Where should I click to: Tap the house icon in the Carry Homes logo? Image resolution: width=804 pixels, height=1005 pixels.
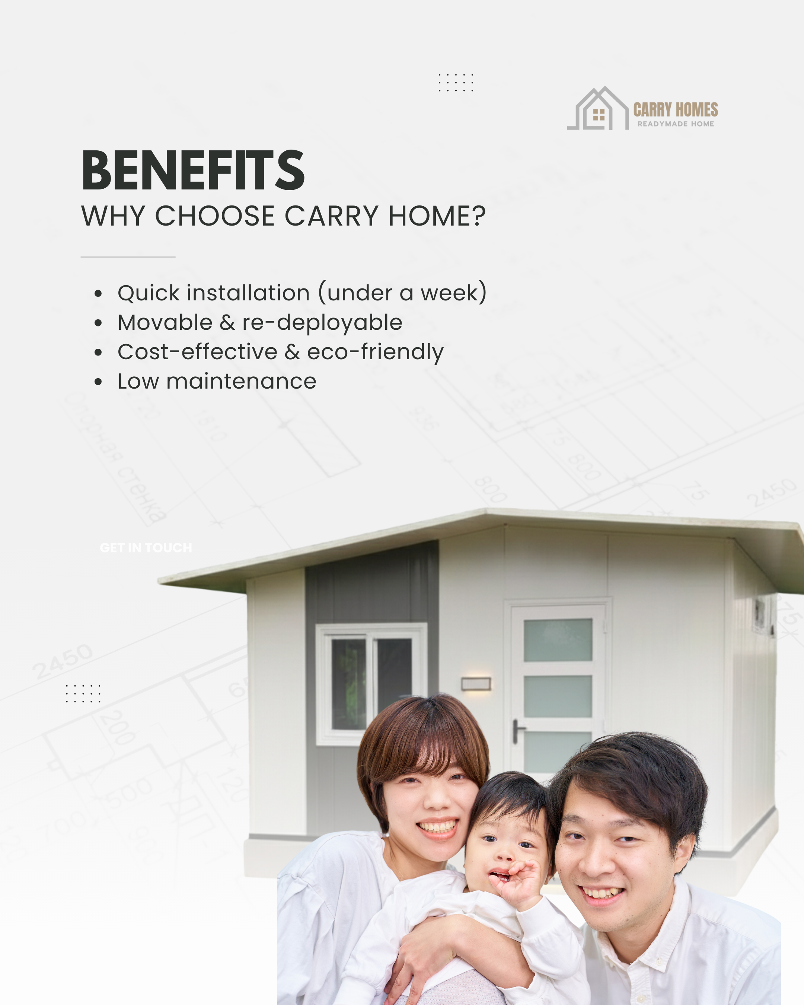pos(599,109)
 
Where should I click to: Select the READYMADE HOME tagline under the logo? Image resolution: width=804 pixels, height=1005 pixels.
pos(675,124)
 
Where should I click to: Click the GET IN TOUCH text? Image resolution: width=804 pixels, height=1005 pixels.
pos(146,548)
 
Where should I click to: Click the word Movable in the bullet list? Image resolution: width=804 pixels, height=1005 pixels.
pos(165,323)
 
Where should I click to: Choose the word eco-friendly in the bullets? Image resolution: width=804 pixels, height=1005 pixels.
pos(375,352)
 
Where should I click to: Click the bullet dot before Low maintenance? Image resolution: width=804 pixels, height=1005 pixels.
pos(98,382)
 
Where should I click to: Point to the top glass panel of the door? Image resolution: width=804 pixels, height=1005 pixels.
pos(558,639)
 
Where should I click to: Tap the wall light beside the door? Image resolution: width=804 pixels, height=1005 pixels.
pos(476,684)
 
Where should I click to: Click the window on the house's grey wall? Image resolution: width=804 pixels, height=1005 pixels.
pos(371,683)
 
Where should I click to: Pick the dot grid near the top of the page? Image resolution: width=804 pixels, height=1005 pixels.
pos(456,83)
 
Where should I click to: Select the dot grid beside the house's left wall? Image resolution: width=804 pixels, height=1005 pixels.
pos(83,693)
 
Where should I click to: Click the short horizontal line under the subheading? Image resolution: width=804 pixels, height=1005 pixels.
pos(128,257)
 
